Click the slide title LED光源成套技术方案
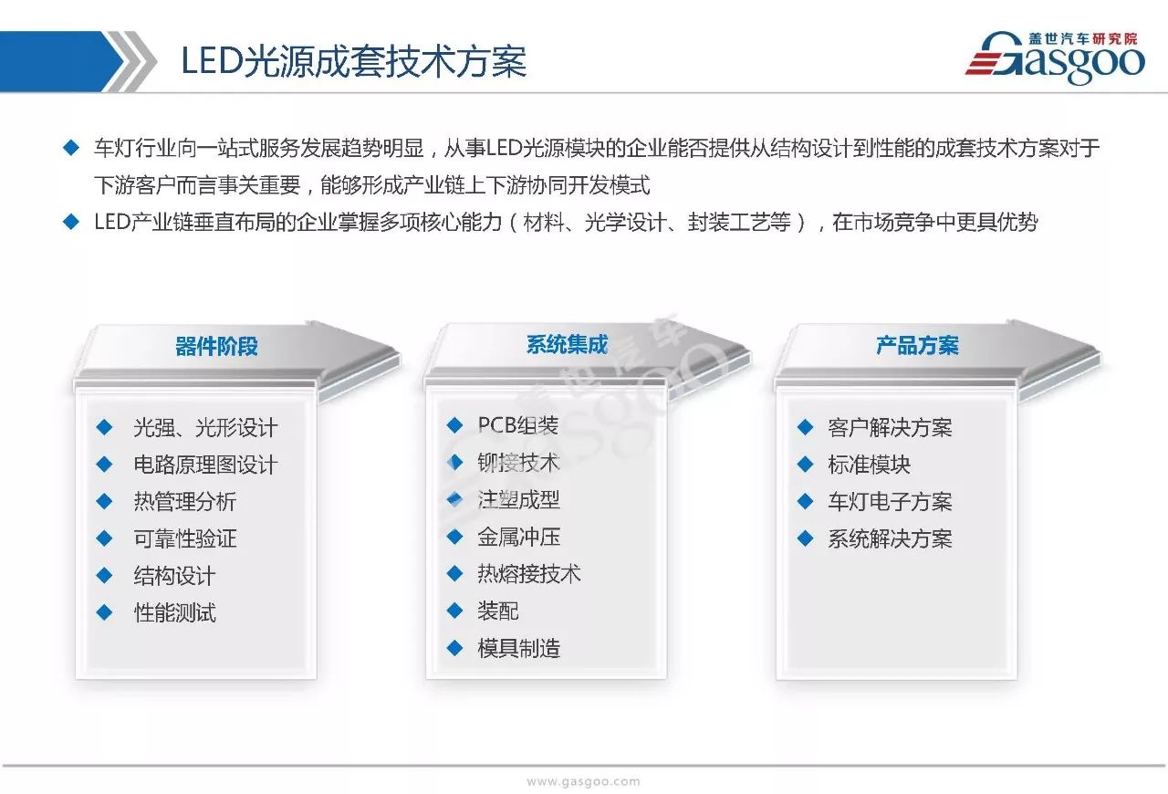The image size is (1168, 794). [x=353, y=61]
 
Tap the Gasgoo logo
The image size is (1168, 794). [x=1055, y=57]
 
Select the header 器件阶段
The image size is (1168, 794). [x=216, y=347]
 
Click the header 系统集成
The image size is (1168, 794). [x=567, y=345]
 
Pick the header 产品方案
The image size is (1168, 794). [x=917, y=345]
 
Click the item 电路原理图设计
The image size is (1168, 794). [x=205, y=465]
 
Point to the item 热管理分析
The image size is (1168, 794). [x=185, y=501]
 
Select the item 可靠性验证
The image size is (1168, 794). [x=185, y=538]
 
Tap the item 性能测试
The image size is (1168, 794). [x=174, y=612]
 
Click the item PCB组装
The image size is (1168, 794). [x=517, y=425]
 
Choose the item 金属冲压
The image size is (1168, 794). [x=519, y=537]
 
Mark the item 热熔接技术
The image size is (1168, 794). [x=528, y=574]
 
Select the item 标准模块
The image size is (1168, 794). [x=870, y=465]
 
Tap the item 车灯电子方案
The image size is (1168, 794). [x=890, y=501]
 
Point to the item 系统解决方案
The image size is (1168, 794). [x=890, y=538]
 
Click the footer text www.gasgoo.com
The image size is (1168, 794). [x=583, y=781]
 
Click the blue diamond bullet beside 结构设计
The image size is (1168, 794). [x=104, y=575]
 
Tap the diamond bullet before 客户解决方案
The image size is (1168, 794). [x=805, y=427]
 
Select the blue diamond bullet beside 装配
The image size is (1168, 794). [x=454, y=611]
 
